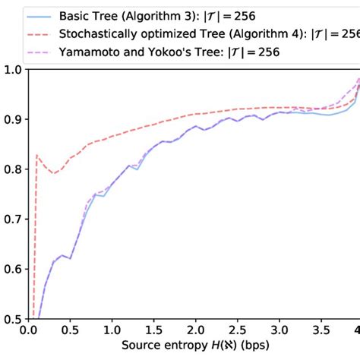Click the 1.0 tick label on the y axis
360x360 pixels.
point(12,70)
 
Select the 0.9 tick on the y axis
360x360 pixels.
point(12,120)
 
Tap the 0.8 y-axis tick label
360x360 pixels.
point(12,169)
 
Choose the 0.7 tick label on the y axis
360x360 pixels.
point(12,219)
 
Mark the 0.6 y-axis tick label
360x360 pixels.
point(12,269)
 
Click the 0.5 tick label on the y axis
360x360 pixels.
point(12,319)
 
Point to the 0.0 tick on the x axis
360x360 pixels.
point(29,331)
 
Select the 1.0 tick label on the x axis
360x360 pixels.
point(112,331)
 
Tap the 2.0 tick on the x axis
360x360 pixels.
point(196,331)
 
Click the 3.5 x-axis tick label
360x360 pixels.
point(321,331)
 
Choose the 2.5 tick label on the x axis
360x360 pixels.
point(238,331)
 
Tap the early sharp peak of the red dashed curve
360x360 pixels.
point(36,156)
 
